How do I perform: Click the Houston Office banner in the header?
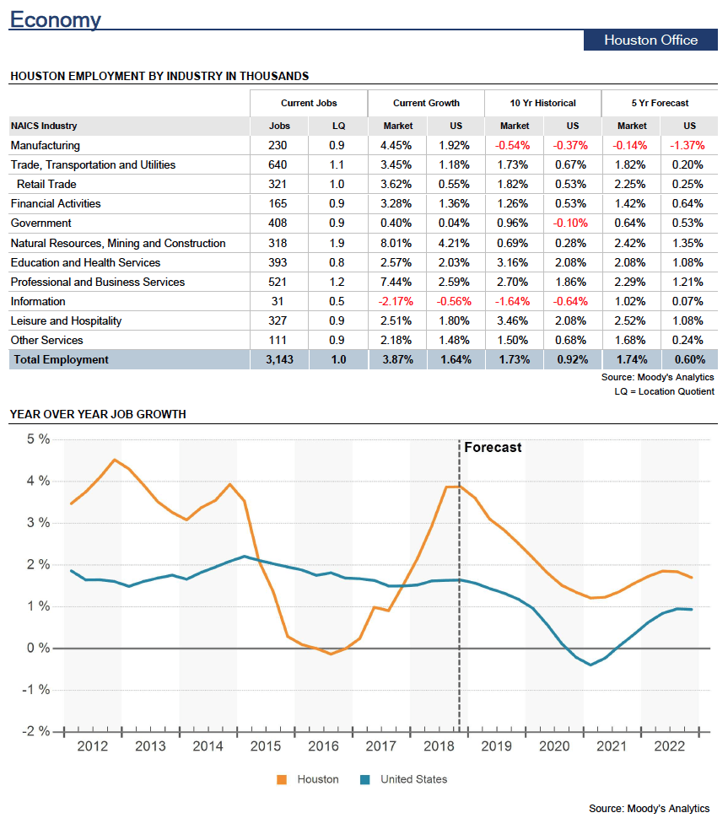point(650,40)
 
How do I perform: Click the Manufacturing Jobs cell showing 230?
point(278,145)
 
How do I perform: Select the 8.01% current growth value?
point(396,243)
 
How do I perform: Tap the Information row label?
point(38,301)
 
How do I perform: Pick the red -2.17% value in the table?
point(396,301)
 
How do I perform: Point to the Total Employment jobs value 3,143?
point(279,359)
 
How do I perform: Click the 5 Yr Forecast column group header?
point(660,103)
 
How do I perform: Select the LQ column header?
point(338,126)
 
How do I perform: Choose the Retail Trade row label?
point(46,184)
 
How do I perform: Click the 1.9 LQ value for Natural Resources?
point(337,243)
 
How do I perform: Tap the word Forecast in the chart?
point(493,447)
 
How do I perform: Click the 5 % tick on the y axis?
point(38,439)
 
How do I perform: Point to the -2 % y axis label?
point(36,731)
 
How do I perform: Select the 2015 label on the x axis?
point(266,746)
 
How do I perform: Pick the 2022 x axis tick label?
point(669,746)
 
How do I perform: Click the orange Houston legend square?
point(282,779)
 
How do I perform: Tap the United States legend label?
point(414,779)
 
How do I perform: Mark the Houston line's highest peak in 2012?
point(115,460)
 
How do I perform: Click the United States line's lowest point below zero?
point(590,665)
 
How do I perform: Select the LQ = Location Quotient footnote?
point(664,391)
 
